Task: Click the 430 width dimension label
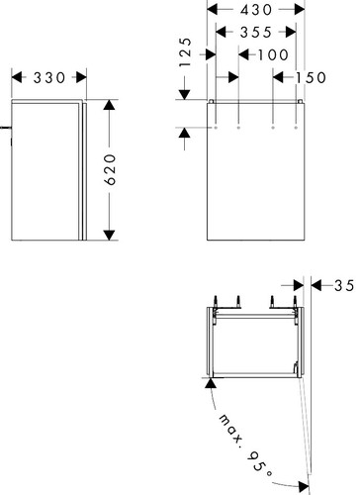pyautogui.click(x=256, y=10)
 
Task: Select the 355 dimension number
pyautogui.click(x=256, y=33)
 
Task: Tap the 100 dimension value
pyautogui.click(x=273, y=55)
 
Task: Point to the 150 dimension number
pyautogui.click(x=311, y=78)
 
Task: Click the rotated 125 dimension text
pyautogui.click(x=186, y=52)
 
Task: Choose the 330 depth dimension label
pyautogui.click(x=49, y=78)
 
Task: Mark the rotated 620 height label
pyautogui.click(x=111, y=169)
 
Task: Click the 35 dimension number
pyautogui.click(x=344, y=286)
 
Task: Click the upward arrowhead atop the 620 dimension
pyautogui.click(x=109, y=104)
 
